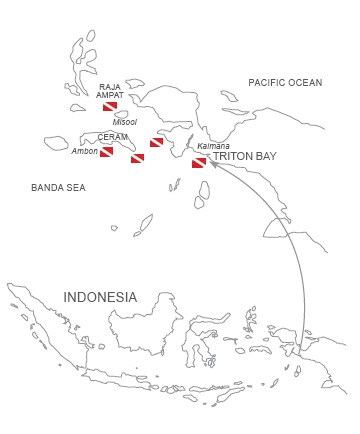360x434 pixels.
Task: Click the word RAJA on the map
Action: coord(110,87)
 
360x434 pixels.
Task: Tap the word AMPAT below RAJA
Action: coord(110,95)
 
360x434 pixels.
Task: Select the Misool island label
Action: coord(125,122)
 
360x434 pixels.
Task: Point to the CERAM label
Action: coord(113,137)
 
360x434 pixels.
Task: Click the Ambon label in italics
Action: coord(85,151)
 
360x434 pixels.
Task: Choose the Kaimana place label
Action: coord(213,146)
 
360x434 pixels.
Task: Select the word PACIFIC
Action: coord(266,81)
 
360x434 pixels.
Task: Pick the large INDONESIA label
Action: coord(100,297)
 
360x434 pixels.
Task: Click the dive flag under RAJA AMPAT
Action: coord(110,106)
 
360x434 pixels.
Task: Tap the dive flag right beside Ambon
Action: coord(106,153)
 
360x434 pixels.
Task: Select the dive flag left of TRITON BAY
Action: coord(199,162)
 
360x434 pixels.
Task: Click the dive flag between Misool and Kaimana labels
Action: coord(156,143)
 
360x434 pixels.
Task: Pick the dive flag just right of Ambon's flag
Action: coord(137,158)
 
